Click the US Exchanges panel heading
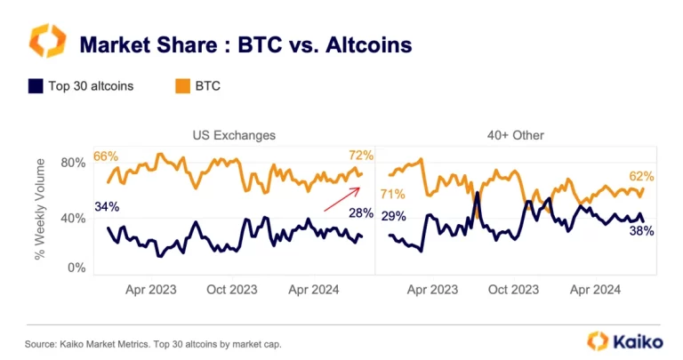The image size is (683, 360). (x=234, y=135)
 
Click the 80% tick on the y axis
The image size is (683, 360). (x=73, y=164)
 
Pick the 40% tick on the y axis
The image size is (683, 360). (x=73, y=215)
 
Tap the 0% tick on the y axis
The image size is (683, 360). (x=76, y=267)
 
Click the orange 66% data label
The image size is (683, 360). (x=106, y=156)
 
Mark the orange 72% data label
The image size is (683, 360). (x=362, y=156)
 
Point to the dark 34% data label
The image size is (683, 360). (x=106, y=208)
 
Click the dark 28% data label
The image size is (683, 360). (x=361, y=212)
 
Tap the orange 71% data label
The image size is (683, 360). (x=392, y=194)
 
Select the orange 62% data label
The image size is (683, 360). (x=641, y=177)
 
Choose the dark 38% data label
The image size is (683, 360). (x=642, y=231)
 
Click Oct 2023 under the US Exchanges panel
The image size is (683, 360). (x=232, y=289)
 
